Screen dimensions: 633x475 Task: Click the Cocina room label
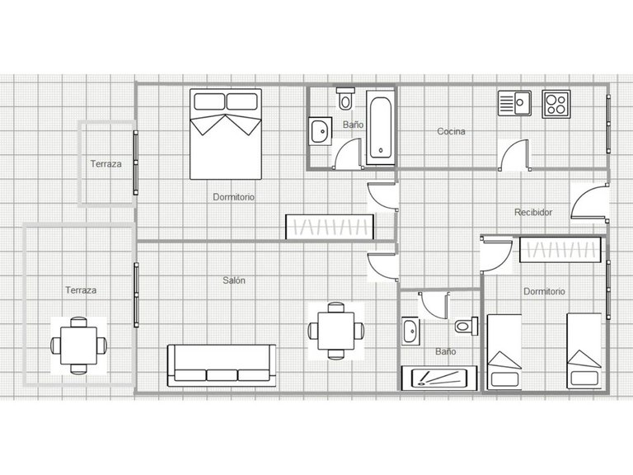click(x=451, y=131)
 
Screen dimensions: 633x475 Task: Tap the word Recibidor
click(x=533, y=212)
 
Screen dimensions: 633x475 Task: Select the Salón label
click(x=234, y=280)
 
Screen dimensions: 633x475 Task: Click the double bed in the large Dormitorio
click(x=226, y=134)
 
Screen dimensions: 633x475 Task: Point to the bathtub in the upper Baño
click(x=380, y=127)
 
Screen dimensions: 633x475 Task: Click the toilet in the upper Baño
click(x=345, y=98)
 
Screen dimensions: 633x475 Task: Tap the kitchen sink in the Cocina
click(x=514, y=103)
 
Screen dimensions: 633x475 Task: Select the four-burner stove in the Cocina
click(x=556, y=104)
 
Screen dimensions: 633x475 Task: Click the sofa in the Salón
click(x=222, y=365)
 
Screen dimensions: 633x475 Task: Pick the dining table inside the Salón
click(x=336, y=331)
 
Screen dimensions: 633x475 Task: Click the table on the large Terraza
click(x=79, y=346)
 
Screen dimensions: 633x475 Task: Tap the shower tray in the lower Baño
click(x=439, y=378)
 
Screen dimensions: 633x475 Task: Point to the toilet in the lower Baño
click(x=467, y=326)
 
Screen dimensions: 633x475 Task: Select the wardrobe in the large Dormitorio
click(x=330, y=227)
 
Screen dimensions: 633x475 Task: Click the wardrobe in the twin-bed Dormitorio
click(x=560, y=250)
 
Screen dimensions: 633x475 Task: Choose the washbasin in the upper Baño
click(x=320, y=131)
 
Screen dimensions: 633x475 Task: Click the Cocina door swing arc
click(x=512, y=148)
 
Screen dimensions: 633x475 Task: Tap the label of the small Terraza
click(x=105, y=164)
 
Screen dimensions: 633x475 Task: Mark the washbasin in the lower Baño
click(x=410, y=332)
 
